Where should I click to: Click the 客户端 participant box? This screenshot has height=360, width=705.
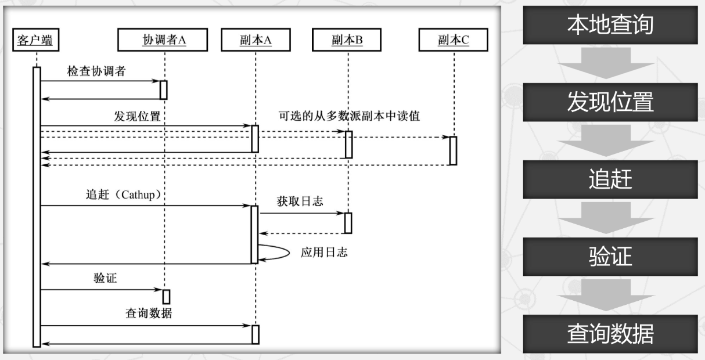[x=36, y=40]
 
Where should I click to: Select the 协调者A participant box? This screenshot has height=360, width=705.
[x=164, y=40]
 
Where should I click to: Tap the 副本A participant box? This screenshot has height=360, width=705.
[x=255, y=40]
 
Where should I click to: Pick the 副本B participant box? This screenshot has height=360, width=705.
[x=347, y=40]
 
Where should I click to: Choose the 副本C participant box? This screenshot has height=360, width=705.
[x=454, y=40]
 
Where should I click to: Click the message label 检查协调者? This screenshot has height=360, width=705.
[x=96, y=71]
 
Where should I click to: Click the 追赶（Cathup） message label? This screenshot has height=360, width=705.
[x=123, y=195]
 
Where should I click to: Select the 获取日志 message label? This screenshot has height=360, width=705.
[x=300, y=201]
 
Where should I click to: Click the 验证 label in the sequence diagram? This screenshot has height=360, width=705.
[x=105, y=278]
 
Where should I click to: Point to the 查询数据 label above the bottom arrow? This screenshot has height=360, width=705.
[x=149, y=314]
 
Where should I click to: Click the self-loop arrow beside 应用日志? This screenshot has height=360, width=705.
[x=275, y=252]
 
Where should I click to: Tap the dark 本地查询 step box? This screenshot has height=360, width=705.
[x=610, y=25]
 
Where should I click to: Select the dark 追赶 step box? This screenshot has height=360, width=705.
[x=610, y=179]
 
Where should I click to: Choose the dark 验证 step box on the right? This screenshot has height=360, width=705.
[x=610, y=257]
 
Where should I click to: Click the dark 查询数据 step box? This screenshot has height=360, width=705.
[x=610, y=334]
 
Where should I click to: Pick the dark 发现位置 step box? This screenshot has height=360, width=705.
[x=610, y=102]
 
